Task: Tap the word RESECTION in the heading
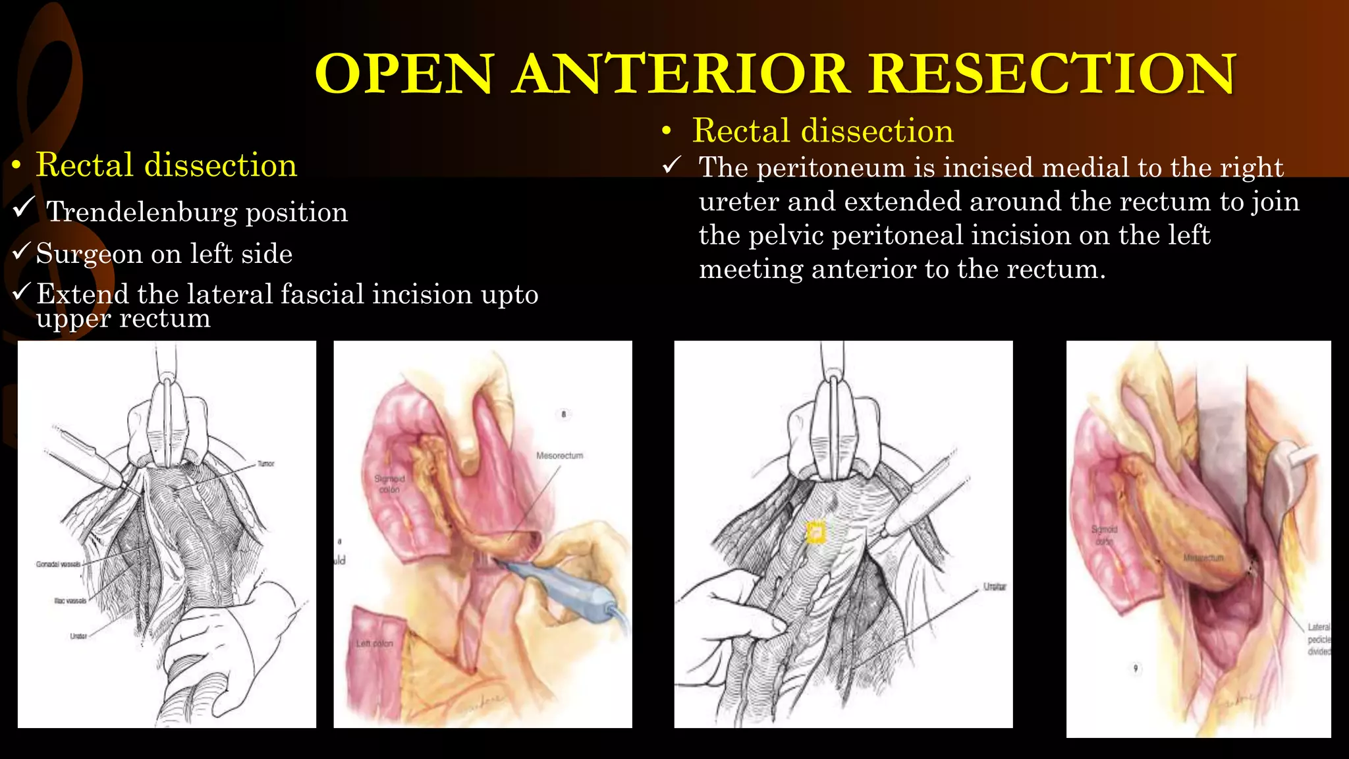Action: coord(1052,74)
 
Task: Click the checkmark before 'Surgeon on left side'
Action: coord(22,251)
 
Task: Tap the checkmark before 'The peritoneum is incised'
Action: coord(671,165)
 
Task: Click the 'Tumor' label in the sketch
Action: coord(265,464)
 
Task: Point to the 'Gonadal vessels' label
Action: coord(59,565)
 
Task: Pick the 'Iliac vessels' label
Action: coord(70,601)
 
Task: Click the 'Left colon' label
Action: coord(374,644)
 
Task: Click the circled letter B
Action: coord(563,414)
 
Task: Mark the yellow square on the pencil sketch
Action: coord(816,532)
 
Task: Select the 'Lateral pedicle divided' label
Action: coord(1319,639)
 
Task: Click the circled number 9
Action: coord(1136,668)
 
